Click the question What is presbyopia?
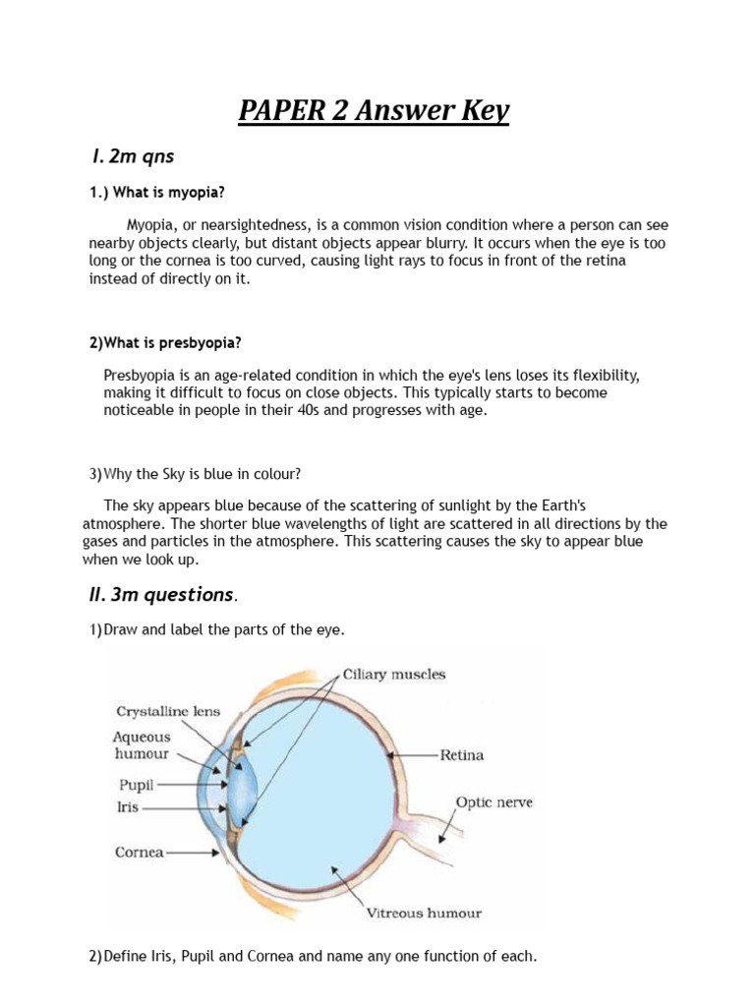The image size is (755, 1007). (165, 342)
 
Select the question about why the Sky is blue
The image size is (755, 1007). (195, 473)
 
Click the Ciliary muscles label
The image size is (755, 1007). (393, 675)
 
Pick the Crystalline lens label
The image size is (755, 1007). (168, 711)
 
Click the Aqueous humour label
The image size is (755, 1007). (142, 745)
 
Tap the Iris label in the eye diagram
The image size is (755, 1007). (128, 807)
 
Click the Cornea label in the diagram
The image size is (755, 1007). (139, 853)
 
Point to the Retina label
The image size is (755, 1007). (461, 755)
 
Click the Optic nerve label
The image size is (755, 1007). (494, 802)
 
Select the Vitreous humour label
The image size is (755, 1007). (424, 913)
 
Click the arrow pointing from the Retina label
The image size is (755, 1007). (413, 755)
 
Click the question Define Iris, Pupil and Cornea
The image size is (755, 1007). (313, 955)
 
